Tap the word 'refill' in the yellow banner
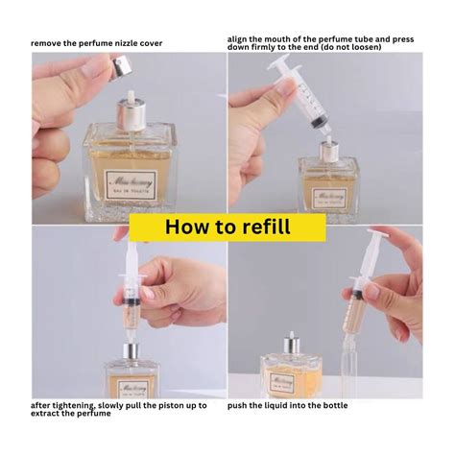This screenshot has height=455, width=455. pos(265,227)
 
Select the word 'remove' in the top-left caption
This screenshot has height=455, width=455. pos(48,44)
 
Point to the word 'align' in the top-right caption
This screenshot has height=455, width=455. pos(239,38)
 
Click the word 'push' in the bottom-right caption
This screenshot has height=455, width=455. pos(240,405)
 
